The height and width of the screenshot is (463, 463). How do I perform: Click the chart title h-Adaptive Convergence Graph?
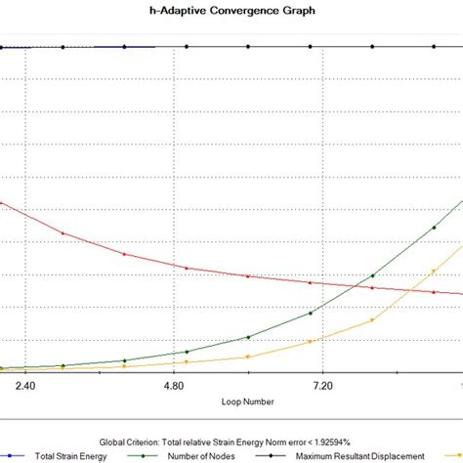(x=231, y=11)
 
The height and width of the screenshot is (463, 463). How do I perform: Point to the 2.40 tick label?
(x=25, y=386)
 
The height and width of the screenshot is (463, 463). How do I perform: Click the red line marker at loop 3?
(x=63, y=233)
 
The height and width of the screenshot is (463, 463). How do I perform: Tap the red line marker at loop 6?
(x=248, y=276)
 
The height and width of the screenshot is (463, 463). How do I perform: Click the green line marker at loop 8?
(x=372, y=276)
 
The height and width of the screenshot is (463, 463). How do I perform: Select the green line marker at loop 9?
(x=434, y=228)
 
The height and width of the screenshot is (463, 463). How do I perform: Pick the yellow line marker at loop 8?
(x=372, y=319)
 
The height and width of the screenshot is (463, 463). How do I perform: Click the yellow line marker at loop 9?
(x=434, y=271)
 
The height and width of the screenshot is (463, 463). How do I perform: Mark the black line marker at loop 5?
(x=187, y=46)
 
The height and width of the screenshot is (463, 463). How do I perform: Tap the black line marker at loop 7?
(x=311, y=46)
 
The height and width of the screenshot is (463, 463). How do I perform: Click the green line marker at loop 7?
(x=311, y=313)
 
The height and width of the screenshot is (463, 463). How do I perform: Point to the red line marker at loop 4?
(x=124, y=254)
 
